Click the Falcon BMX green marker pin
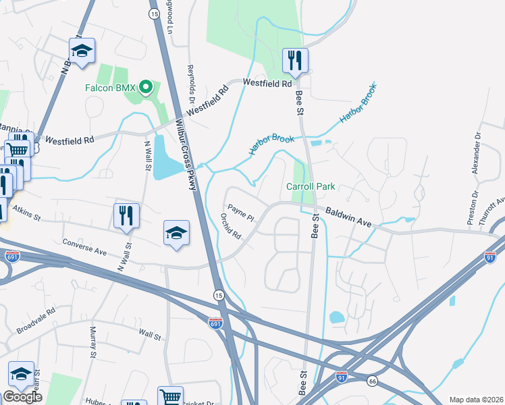147,88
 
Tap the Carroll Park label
311,186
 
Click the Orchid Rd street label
231,226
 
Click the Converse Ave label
84,245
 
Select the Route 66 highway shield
372,381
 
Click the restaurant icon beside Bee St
295,60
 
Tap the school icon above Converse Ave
176,233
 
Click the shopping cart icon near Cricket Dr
170,397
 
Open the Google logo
22,397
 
